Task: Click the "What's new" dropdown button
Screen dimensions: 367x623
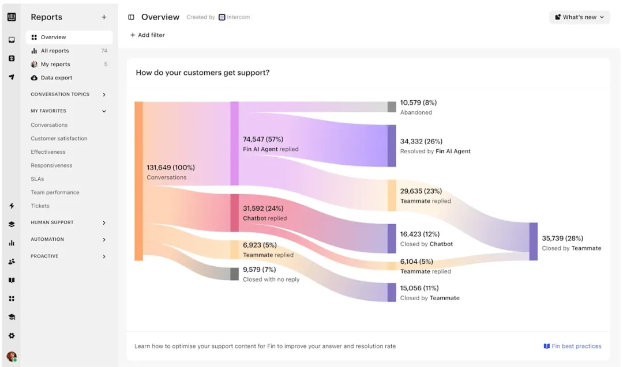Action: [x=579, y=17]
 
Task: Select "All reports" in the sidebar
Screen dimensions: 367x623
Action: [x=55, y=51]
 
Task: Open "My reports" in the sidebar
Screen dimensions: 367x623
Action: [x=55, y=65]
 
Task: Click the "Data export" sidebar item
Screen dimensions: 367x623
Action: [x=57, y=78]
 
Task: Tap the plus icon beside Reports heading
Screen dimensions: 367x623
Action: [x=104, y=17]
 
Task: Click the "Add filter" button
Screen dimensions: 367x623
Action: [x=148, y=35]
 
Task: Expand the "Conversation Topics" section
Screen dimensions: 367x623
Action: [x=69, y=94]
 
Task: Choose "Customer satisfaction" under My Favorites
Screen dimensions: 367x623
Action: [x=59, y=138]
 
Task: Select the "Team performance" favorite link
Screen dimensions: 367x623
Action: [x=55, y=192]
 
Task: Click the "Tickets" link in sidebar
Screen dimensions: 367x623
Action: [x=40, y=206]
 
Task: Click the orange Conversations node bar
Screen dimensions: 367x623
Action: [x=138, y=181]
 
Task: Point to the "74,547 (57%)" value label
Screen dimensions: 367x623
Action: [x=263, y=139]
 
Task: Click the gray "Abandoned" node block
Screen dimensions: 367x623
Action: [x=392, y=107]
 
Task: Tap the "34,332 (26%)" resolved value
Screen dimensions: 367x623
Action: [x=421, y=141]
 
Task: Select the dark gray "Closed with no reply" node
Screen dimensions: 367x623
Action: [x=234, y=274]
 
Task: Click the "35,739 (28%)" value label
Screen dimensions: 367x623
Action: [x=562, y=238]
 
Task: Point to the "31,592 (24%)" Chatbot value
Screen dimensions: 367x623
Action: [x=263, y=209]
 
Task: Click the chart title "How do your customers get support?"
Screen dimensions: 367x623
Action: [x=202, y=73]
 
